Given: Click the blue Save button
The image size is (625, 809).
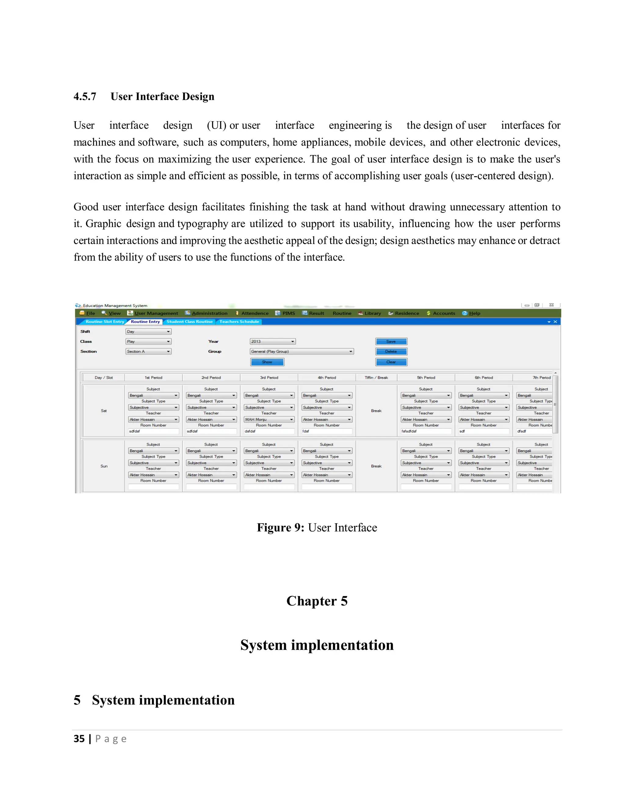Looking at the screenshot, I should point(391,341).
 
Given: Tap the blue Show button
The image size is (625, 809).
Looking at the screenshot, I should point(267,362).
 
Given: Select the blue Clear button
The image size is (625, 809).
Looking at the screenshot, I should point(391,362).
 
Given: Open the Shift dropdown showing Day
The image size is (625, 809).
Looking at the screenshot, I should point(148,332).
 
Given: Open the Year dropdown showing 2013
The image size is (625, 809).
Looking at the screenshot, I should point(273,342).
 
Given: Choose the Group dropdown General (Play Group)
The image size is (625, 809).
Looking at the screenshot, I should point(302,351).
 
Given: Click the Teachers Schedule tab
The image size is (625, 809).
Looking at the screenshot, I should point(239,321).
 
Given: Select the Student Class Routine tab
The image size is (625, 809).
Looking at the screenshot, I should point(190,321).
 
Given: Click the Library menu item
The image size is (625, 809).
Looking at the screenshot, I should point(372,313).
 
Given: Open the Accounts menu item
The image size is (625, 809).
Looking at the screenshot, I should point(443,313).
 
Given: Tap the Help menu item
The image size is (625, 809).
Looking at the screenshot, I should point(474,313).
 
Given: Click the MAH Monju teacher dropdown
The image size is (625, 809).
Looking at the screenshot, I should point(269,419).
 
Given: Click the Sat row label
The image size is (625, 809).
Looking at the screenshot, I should point(104,410).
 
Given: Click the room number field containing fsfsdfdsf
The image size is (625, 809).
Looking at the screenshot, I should point(425,431).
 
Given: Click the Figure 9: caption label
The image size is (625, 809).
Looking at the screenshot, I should point(280,528).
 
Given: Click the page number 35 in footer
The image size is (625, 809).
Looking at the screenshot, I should point(79,738).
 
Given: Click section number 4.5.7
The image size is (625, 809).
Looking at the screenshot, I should point(85,97).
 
